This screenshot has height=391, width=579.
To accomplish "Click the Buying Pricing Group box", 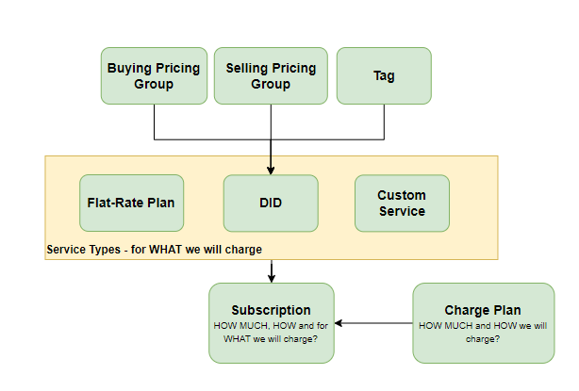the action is click(154, 75).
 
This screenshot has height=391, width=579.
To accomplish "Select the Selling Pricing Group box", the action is click(271, 75).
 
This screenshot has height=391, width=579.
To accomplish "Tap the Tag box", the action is click(384, 75).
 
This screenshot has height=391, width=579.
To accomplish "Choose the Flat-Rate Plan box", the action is click(131, 204).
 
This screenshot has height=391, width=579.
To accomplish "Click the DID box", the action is click(271, 204).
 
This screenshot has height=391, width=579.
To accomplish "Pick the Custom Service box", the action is click(402, 204).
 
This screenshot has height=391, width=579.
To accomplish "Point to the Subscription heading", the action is click(271, 310).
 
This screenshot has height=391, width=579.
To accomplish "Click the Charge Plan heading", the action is click(483, 310).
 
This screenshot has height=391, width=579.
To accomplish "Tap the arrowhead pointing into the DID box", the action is click(271, 171).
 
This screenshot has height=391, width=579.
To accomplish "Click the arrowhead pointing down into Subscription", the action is click(272, 279).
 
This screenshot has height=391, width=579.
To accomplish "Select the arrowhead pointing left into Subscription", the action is click(339, 323).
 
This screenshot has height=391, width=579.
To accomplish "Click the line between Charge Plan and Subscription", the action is click(373, 323).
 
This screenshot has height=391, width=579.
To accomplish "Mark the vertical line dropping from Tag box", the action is click(384, 122).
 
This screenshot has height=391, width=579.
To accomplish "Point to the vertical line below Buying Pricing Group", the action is click(154, 122).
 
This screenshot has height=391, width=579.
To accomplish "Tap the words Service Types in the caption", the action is click(83, 250).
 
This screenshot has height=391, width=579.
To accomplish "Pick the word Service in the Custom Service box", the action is click(402, 211).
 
